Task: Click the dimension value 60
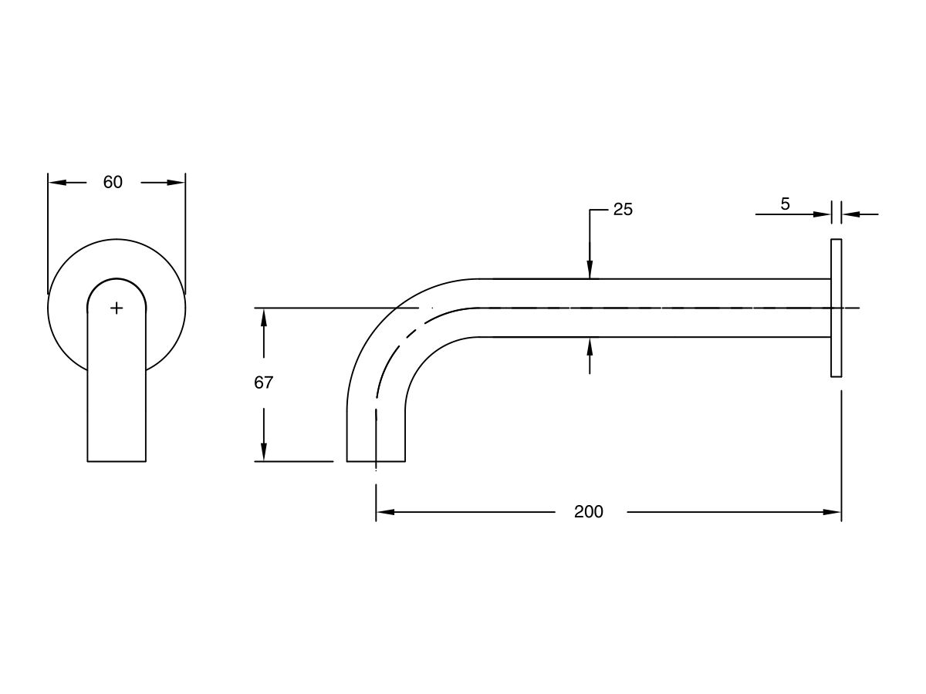point(113,183)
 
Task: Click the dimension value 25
point(623,210)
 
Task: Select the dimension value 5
point(785,204)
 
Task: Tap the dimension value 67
point(264,382)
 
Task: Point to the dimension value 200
point(588,512)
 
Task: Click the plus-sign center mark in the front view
point(117,308)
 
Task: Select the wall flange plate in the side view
point(836,308)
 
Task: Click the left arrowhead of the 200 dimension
point(384,512)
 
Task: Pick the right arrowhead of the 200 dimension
point(833,512)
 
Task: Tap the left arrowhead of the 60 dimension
point(56,183)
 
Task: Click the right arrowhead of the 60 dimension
point(177,183)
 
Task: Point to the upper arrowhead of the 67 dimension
point(264,317)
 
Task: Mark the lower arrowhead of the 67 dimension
point(264,453)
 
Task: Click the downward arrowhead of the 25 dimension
point(590,270)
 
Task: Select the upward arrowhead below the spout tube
point(590,346)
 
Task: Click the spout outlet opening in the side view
point(376,460)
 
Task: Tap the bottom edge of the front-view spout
point(117,461)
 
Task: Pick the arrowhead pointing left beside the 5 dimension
point(850,214)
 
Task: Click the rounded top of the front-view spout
point(117,280)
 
